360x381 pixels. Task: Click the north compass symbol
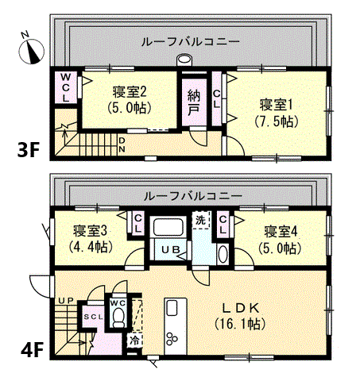pyautogui.click(x=31, y=49)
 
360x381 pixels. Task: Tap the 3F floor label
pyautogui.click(x=29, y=150)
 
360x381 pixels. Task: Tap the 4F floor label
pyautogui.click(x=32, y=349)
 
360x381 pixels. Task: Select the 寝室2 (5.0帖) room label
pyautogui.click(x=130, y=100)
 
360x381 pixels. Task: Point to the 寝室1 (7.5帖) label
pyautogui.click(x=277, y=114)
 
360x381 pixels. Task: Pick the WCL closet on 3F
pyautogui.click(x=66, y=88)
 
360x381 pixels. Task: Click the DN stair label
pyautogui.click(x=122, y=144)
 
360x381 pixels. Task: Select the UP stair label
pyautogui.click(x=66, y=301)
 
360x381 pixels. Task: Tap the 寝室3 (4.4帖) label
pyautogui.click(x=91, y=239)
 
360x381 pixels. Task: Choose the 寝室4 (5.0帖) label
pyautogui.click(x=281, y=240)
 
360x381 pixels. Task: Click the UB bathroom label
pyautogui.click(x=171, y=249)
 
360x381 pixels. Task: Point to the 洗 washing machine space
pyautogui.click(x=201, y=219)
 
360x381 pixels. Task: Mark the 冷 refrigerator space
pyautogui.click(x=134, y=341)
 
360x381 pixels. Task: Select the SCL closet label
pyautogui.click(x=93, y=317)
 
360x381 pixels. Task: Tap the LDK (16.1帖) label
pyautogui.click(x=240, y=316)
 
